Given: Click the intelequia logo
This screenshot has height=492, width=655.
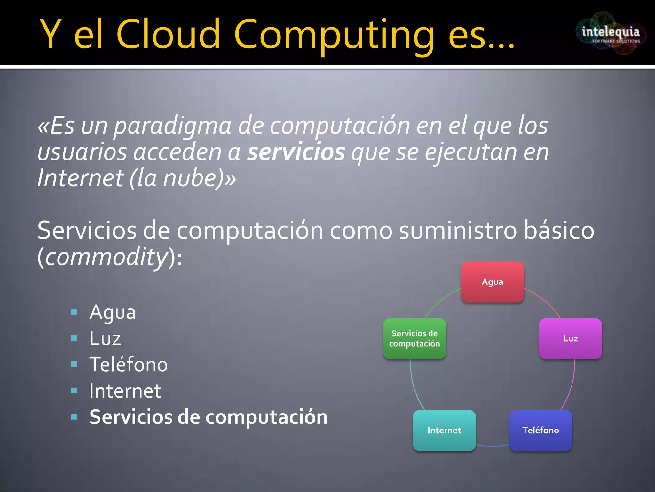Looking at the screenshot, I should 611,34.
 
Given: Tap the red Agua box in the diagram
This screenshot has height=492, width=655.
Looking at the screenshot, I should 492,282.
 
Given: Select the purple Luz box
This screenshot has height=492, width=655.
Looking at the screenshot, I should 570,339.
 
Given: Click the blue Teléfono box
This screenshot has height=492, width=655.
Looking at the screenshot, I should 541,430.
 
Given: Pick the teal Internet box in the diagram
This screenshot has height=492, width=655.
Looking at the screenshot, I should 444,430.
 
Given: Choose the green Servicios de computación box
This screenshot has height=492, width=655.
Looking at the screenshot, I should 414,339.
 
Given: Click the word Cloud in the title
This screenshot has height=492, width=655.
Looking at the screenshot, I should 169,34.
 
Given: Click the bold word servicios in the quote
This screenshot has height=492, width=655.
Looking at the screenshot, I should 296,152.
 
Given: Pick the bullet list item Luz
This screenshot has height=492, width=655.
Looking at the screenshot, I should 105,339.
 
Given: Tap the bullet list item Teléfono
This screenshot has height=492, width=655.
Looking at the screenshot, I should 129,365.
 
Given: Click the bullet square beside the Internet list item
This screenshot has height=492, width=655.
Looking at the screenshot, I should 74,390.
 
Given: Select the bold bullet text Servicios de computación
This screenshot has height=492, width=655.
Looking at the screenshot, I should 209,417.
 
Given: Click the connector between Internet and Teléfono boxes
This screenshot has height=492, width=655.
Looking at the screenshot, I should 493,445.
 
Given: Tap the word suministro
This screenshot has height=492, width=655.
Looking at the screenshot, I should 458,231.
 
